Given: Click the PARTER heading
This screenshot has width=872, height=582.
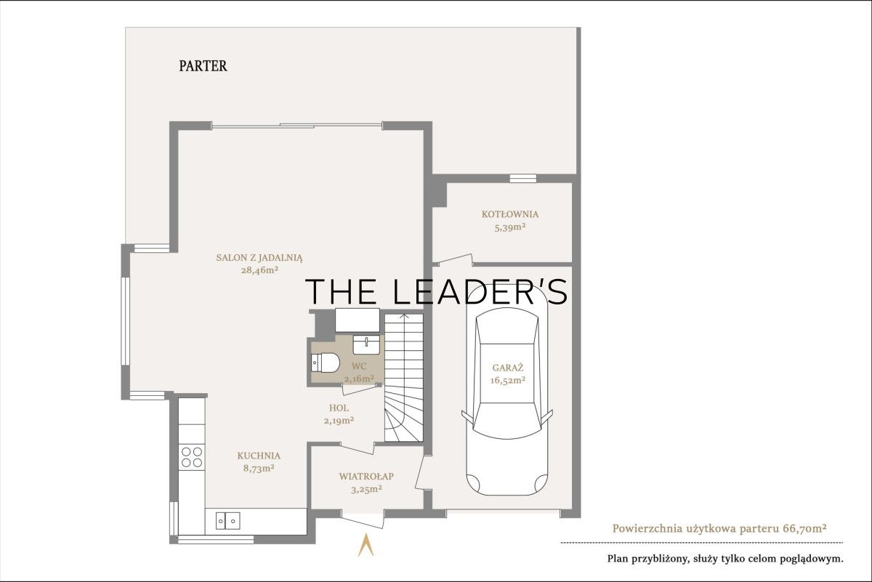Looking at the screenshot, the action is point(203,66).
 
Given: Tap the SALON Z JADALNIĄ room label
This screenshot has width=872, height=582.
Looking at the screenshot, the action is point(259,258).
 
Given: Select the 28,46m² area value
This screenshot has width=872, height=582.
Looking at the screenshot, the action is point(259,270).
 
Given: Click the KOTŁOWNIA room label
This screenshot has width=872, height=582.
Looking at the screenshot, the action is point(510,214).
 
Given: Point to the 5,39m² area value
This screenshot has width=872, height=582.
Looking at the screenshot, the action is point(510,227).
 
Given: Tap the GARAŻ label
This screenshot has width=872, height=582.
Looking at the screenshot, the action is point(508,368).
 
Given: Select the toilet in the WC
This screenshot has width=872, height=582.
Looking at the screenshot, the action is point(326,363).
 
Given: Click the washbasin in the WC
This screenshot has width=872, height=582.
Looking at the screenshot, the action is point(366,344).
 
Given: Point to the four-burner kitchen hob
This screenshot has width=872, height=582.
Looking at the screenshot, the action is point(192,457).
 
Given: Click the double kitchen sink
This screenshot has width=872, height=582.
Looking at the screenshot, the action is point(227,520).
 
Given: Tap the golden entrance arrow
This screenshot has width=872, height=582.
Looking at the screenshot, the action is point(366,545).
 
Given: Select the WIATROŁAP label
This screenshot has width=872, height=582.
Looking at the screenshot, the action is point(366,476).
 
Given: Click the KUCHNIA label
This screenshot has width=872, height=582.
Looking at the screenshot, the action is point(259,456).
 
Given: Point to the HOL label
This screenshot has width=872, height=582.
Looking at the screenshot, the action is point(339,408).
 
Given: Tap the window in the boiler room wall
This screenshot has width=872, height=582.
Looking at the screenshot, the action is point(522,178).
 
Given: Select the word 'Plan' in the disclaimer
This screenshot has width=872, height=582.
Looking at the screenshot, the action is point(617,559).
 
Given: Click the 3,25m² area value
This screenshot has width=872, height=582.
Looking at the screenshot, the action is point(366,489).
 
